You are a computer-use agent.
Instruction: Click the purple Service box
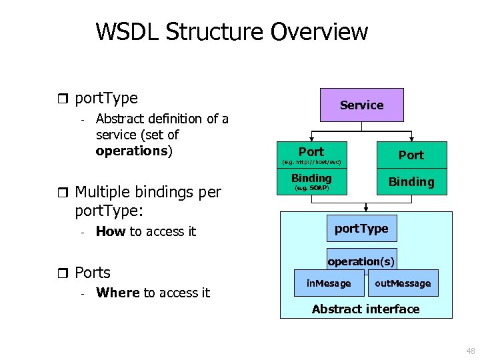(362, 105)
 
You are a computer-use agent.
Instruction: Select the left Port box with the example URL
(311, 155)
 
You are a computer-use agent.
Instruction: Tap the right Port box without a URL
(411, 155)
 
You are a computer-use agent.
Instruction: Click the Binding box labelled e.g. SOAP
(311, 182)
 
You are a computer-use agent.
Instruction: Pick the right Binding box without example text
(411, 182)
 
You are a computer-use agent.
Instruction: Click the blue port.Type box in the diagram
(361, 229)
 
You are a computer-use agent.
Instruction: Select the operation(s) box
(361, 262)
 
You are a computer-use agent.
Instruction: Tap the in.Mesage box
(329, 283)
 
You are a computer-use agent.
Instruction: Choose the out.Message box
(403, 283)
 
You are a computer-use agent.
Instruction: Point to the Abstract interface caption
(365, 309)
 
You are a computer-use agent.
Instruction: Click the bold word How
(111, 231)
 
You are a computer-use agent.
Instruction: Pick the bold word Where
(118, 293)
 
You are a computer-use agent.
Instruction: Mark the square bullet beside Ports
(63, 273)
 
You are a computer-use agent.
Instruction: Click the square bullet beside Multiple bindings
(63, 193)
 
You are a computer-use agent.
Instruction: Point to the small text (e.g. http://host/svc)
(311, 162)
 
